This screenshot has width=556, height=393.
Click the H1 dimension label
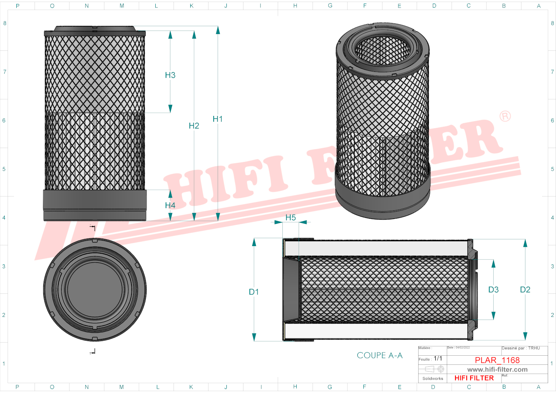pyautogui.click(x=218, y=119)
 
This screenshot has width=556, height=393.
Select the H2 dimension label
pyautogui.click(x=194, y=126)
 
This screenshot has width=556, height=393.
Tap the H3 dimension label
pyautogui.click(x=170, y=75)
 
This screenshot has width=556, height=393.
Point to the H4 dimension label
pyautogui.click(x=170, y=205)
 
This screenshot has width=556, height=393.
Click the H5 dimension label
pyautogui.click(x=290, y=218)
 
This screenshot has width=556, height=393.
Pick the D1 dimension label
pyautogui.click(x=254, y=292)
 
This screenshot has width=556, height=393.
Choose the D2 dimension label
pyautogui.click(x=525, y=290)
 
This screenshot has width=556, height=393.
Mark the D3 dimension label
pyautogui.click(x=493, y=290)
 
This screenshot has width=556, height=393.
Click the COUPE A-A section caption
pyautogui.click(x=379, y=356)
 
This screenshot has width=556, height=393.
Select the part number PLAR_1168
pyautogui.click(x=497, y=360)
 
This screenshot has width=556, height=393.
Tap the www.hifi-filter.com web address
pyautogui.click(x=497, y=370)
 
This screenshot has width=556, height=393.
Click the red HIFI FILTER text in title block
pyautogui.click(x=474, y=378)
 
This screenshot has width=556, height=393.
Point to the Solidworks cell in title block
pyautogui.click(x=432, y=378)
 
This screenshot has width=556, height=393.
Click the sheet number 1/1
pyautogui.click(x=438, y=358)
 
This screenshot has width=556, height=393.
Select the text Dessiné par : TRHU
pyautogui.click(x=521, y=348)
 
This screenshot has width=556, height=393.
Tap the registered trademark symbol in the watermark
pyautogui.click(x=505, y=116)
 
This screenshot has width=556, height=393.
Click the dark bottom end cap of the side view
pyautogui.click(x=95, y=205)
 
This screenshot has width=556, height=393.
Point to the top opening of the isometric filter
pyautogui.click(x=382, y=50)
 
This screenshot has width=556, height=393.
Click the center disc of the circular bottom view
pyautogui.click(x=95, y=289)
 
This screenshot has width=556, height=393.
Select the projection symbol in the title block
pyautogui.click(x=432, y=369)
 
